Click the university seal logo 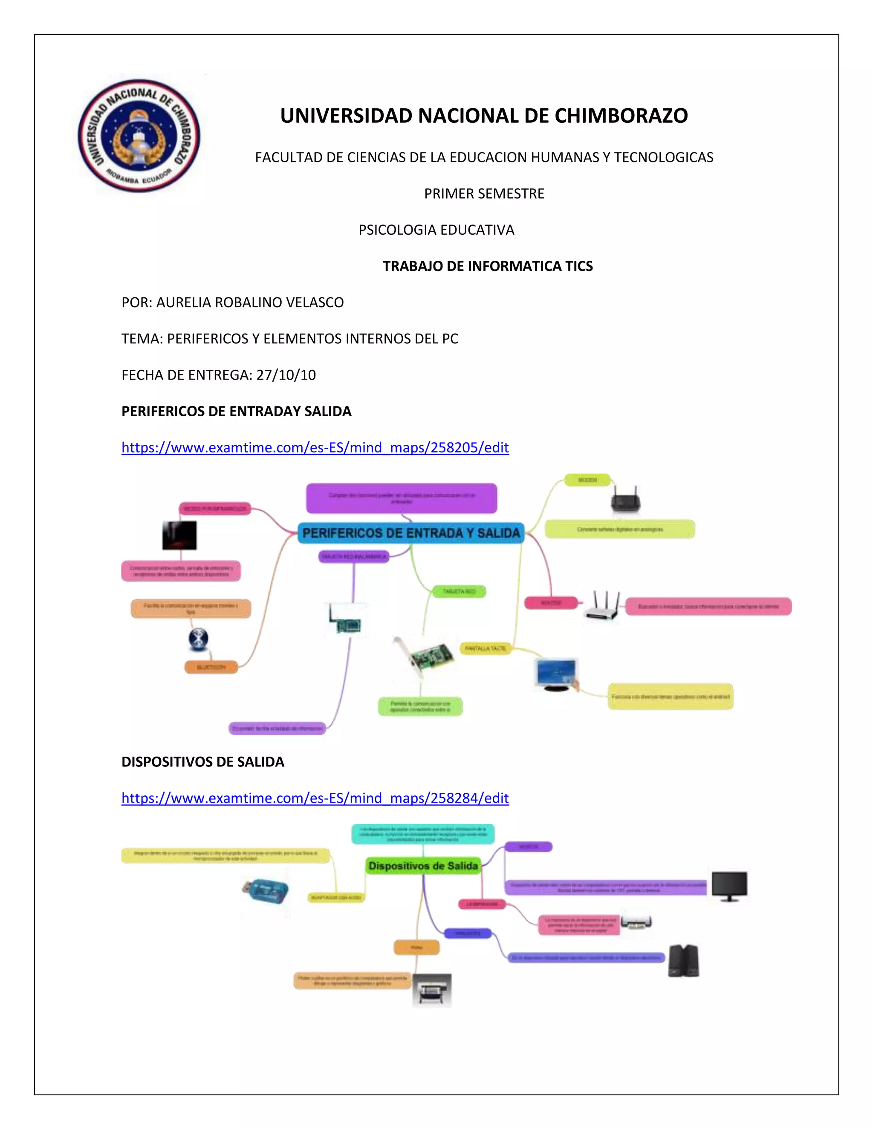point(139,135)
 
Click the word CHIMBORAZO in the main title point(621,116)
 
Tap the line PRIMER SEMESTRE point(484,194)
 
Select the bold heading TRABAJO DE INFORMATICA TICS point(487,266)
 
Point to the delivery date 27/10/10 point(286,375)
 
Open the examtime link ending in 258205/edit point(315,448)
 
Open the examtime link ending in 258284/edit point(315,798)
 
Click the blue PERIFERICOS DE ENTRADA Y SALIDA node point(410,533)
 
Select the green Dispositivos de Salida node point(423,866)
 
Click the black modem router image point(625,499)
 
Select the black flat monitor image point(729,886)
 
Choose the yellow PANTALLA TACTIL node point(485,648)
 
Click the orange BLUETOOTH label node point(211,667)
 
